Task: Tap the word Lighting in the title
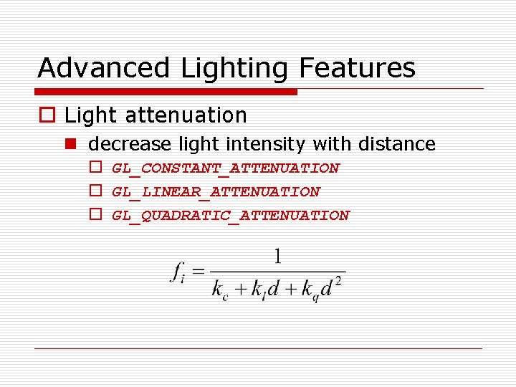tap(236, 69)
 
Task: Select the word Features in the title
tap(357, 68)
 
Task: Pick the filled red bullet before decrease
tap(72, 144)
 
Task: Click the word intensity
tap(267, 144)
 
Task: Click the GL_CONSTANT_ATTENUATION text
tap(226, 168)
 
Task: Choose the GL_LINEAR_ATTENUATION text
tap(216, 192)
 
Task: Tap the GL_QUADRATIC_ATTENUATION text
tap(231, 216)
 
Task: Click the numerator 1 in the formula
tap(278, 256)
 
